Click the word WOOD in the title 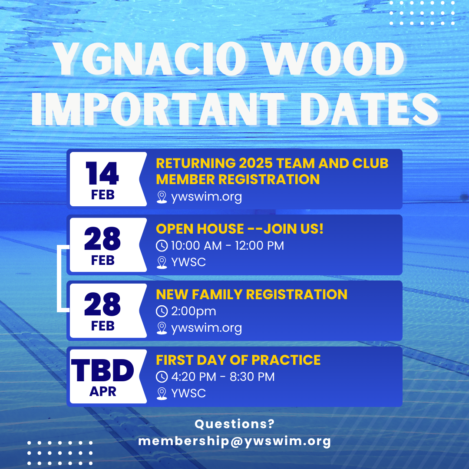click(334, 59)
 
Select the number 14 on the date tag click(102, 173)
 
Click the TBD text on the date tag click(102, 370)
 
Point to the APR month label click(102, 391)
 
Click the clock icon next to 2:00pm click(162, 311)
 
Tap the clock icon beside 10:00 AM click(162, 245)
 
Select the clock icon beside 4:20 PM click(162, 377)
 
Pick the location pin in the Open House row click(162, 263)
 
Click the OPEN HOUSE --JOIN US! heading click(240, 229)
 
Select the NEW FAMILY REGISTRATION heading click(251, 294)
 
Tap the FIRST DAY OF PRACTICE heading click(238, 360)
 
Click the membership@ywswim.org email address click(234, 441)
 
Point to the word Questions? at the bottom click(234, 424)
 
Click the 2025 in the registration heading click(256, 163)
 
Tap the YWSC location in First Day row click(188, 393)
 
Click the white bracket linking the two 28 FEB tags click(59, 278)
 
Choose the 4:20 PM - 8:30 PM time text click(223, 377)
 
